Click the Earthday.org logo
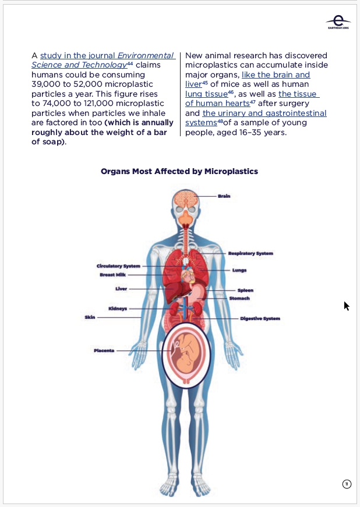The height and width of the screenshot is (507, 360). point(338,22)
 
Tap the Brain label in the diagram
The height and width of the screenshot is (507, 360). point(224,196)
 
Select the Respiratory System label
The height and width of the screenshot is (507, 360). point(250,253)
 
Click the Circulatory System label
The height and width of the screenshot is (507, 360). point(118,266)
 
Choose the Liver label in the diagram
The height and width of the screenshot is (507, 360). point(121,288)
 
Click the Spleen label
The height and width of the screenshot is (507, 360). point(245,290)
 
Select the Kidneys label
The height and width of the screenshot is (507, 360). point(118,309)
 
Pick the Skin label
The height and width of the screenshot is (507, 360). point(90,317)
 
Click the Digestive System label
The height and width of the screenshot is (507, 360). point(260,318)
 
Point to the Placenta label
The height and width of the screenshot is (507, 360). point(104,350)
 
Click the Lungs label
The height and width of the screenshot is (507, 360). point(239,270)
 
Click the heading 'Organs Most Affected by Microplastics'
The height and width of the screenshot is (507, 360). point(179,171)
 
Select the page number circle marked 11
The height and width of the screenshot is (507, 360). point(347,484)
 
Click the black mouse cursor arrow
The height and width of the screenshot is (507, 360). point(347,306)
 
